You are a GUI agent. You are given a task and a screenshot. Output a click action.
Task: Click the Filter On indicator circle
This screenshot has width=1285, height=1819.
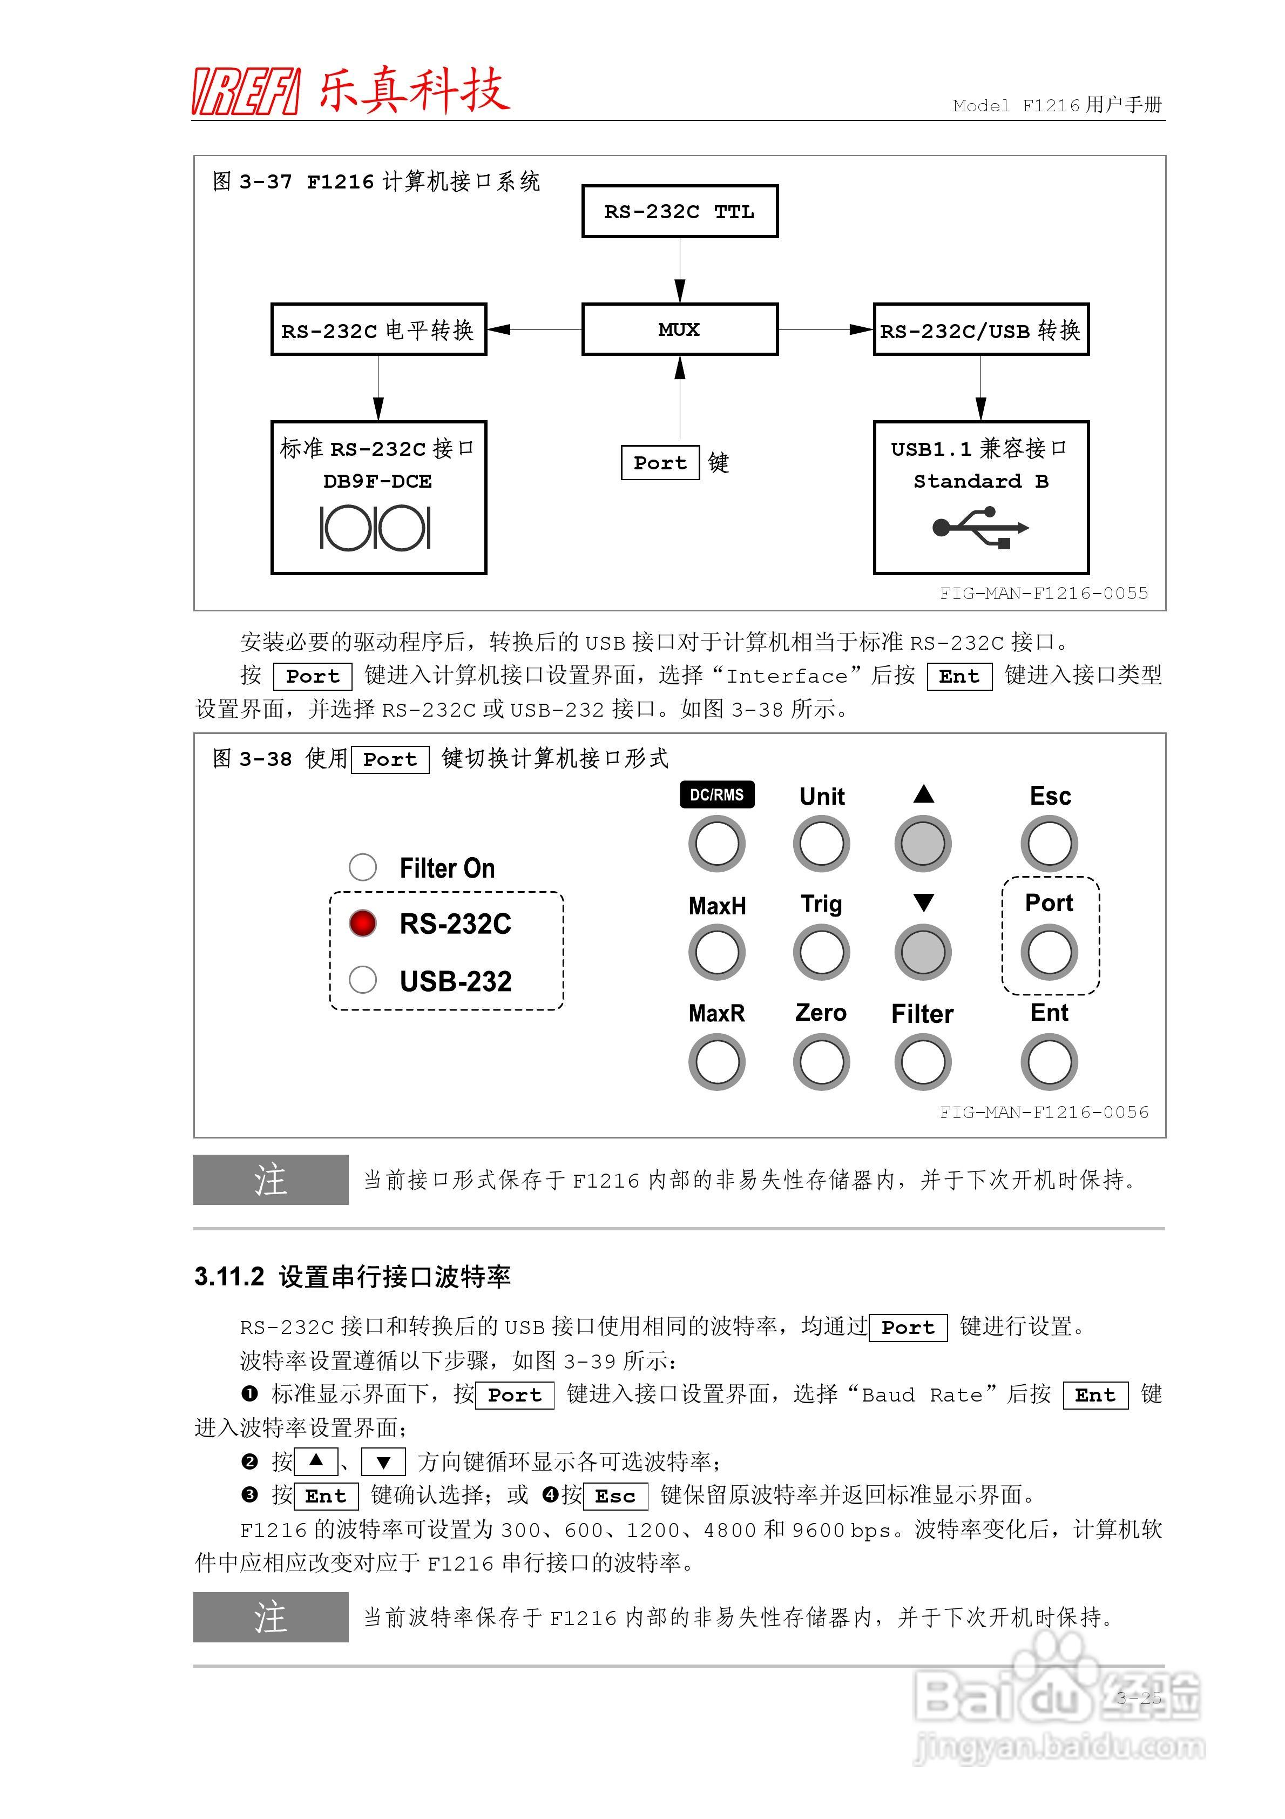(363, 867)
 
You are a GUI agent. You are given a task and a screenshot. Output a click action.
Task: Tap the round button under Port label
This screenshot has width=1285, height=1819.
(1049, 952)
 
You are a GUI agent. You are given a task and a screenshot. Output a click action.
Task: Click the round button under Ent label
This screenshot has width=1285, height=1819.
(1049, 1062)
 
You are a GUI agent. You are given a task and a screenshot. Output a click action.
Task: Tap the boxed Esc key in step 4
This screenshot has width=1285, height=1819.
(615, 1496)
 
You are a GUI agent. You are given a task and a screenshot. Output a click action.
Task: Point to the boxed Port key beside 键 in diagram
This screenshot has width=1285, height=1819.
(660, 463)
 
